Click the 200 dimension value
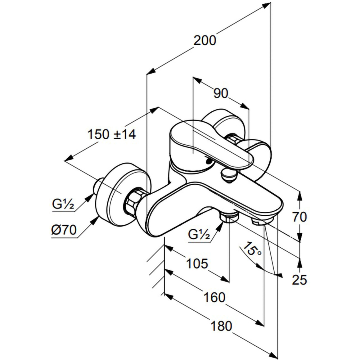205,40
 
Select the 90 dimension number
221,93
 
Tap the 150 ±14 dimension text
112,134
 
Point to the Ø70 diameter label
64,230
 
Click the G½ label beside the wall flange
63,204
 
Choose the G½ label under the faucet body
199,234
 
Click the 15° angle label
252,249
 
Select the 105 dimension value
197,264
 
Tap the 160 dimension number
215,298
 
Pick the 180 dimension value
221,326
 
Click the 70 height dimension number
300,217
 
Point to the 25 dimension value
300,280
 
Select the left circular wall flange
121,194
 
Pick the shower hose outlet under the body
229,217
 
